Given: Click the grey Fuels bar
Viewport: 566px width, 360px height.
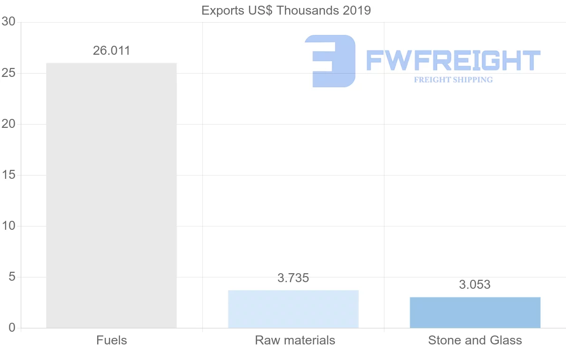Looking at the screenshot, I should click(x=111, y=195).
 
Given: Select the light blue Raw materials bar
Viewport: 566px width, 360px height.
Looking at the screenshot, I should click(x=293, y=309).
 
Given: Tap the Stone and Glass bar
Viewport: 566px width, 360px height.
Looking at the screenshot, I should click(x=475, y=312).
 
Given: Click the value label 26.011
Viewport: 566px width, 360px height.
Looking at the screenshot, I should click(x=111, y=51).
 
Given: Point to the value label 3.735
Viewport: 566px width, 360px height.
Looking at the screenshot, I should click(x=293, y=278).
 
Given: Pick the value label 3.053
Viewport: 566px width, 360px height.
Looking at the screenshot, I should click(x=475, y=285).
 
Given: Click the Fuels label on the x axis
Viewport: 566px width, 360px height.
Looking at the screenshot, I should click(x=111, y=340).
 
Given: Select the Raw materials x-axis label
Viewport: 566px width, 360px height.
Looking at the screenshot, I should click(x=295, y=340).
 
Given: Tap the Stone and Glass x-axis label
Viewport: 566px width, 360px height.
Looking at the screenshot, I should click(x=475, y=340).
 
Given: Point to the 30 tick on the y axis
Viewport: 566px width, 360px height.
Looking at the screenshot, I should click(x=9, y=22).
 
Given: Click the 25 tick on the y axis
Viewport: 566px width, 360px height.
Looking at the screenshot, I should click(x=9, y=73).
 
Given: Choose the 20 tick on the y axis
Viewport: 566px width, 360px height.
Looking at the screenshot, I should click(x=9, y=124).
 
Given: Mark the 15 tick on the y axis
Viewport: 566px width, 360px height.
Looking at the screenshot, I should click(x=9, y=175).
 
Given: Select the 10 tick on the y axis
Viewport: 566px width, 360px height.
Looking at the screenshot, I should click(x=9, y=226).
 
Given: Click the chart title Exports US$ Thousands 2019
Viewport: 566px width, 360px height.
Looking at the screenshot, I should click(x=286, y=10).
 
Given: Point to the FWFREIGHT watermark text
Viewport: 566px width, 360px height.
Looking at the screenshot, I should click(x=453, y=61).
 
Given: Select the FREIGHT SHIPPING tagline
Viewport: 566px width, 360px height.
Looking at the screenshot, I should click(x=453, y=80).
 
